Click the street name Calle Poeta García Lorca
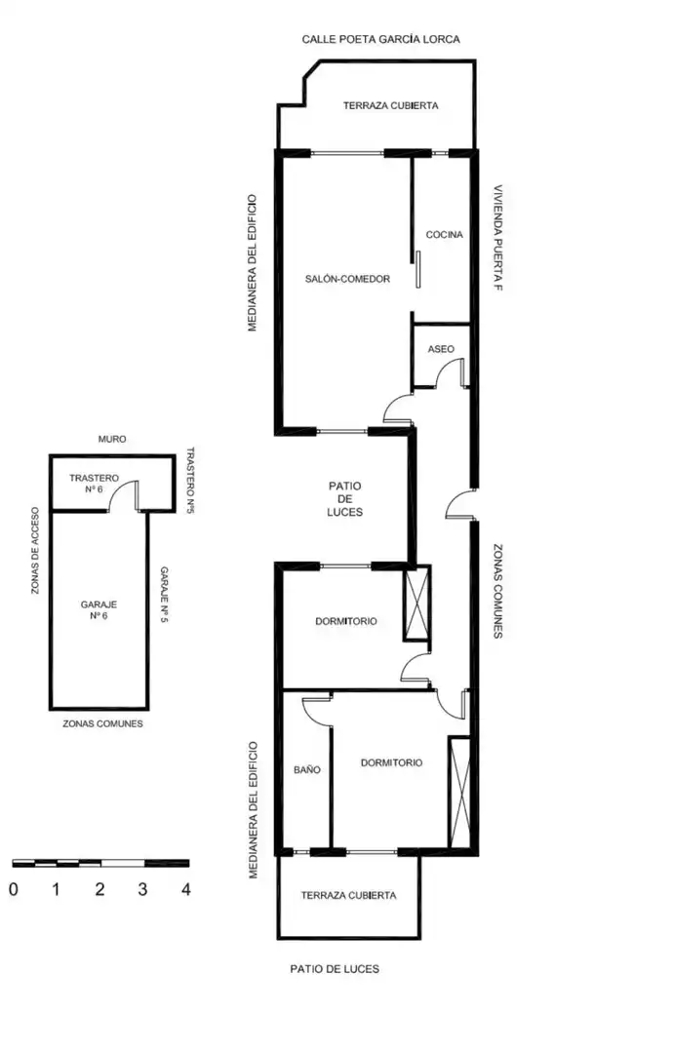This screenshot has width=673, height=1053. click(380, 39)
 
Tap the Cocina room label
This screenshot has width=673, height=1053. click(444, 234)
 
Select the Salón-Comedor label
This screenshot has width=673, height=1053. click(347, 279)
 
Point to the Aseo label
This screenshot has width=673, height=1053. click(441, 349)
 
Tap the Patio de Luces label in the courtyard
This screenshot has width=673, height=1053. click(344, 498)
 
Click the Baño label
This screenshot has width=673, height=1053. click(307, 769)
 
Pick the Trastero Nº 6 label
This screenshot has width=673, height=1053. click(94, 484)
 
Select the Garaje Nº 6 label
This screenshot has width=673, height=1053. click(99, 609)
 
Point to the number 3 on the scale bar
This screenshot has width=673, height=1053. click(142, 889)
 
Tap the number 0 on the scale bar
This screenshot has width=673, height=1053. click(14, 889)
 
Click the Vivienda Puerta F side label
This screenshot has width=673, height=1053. click(497, 238)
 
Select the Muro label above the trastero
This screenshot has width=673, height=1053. click(112, 439)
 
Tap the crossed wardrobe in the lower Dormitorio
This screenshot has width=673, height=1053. click(460, 793)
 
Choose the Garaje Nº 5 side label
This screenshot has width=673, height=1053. click(164, 595)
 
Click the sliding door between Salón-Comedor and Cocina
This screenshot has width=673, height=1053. click(417, 270)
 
